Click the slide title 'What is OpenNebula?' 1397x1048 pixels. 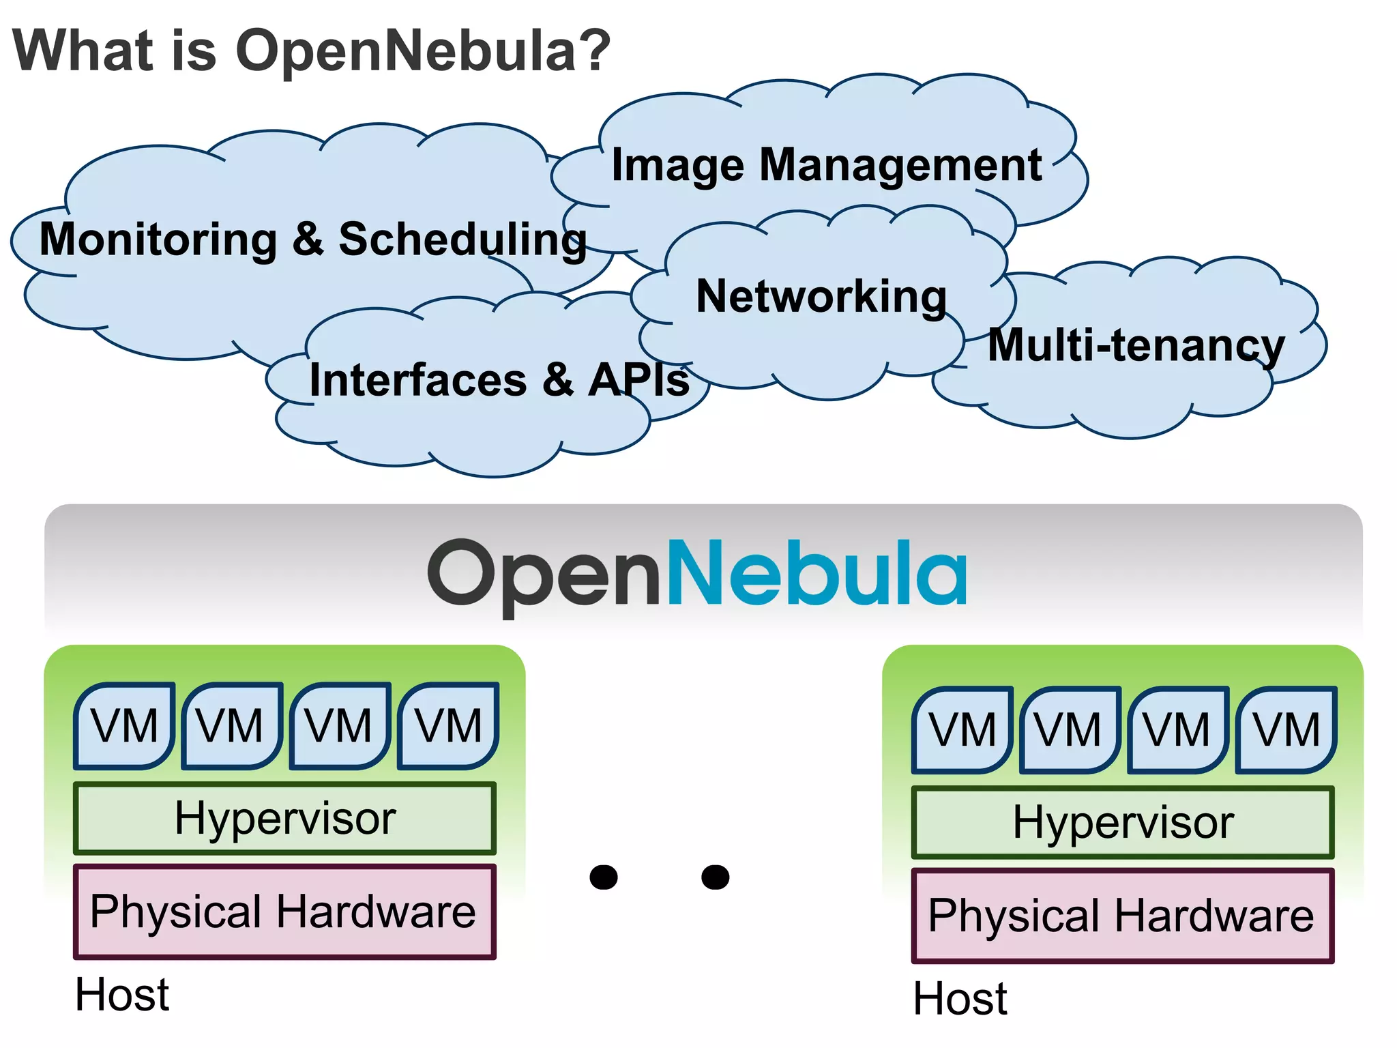tap(311, 50)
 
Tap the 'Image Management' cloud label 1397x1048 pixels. tap(826, 165)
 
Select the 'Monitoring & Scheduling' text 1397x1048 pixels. tap(313, 240)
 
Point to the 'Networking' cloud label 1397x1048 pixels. tap(821, 297)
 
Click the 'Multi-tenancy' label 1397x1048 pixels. tap(1136, 345)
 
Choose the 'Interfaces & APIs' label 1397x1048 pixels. tap(499, 380)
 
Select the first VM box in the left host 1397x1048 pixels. tap(124, 726)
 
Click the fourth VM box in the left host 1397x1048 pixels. tap(448, 726)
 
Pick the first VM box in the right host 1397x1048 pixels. tap(962, 730)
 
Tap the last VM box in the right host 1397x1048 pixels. tap(1286, 730)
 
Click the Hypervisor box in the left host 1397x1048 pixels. tap(284, 819)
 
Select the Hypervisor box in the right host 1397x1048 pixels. tap(1123, 823)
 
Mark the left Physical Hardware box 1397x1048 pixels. tap(284, 912)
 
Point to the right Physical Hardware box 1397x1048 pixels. tap(1122, 916)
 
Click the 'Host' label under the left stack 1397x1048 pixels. tap(122, 995)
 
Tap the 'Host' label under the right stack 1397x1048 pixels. tap(960, 999)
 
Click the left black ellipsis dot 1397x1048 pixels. tap(604, 877)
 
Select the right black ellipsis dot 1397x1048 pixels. tap(716, 877)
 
